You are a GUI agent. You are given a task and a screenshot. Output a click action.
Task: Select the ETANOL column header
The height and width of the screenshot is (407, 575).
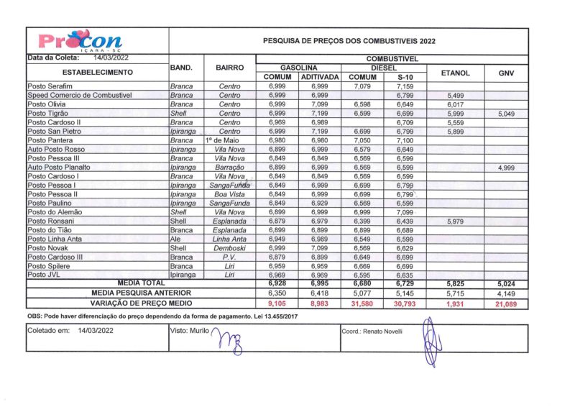tap(455, 73)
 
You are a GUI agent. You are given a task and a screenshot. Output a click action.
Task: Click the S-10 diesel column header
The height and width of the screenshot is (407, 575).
tap(405, 77)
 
